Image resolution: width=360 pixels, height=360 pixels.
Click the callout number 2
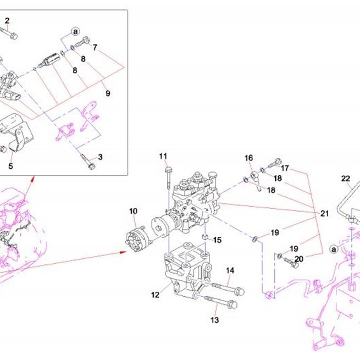click(7, 21)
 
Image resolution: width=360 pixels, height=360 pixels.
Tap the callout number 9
click(108, 93)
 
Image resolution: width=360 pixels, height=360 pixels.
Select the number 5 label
click(11, 166)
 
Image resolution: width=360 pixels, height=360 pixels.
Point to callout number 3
click(100, 157)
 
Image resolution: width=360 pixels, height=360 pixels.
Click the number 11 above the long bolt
click(163, 156)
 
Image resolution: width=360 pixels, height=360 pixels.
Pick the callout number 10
click(133, 211)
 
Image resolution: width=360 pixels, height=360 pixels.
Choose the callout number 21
click(324, 214)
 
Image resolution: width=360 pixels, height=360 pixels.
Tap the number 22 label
click(346, 179)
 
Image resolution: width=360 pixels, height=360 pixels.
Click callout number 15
click(217, 240)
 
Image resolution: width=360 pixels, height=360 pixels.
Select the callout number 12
click(155, 295)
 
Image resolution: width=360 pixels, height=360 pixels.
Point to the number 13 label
click(215, 320)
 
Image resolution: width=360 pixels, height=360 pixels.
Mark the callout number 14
click(230, 271)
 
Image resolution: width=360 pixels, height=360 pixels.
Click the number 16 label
click(248, 158)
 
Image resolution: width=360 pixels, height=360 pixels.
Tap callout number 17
click(285, 168)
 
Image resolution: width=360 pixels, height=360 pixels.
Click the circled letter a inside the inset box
click(75, 31)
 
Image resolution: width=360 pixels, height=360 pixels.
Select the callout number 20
click(298, 259)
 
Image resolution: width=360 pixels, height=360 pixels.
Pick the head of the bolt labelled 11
click(169, 170)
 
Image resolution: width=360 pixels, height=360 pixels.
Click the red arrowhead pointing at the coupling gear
click(124, 252)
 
